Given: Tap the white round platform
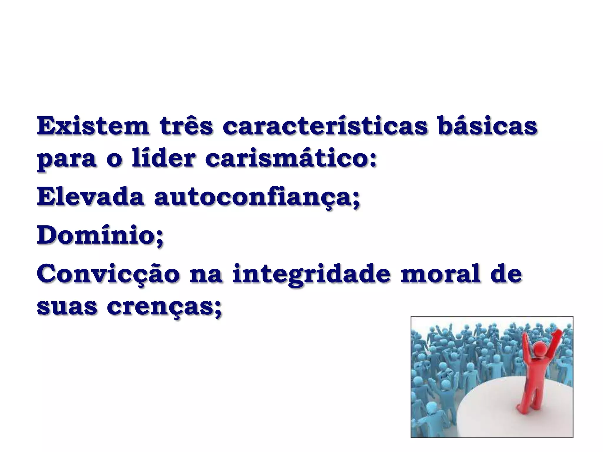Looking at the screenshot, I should point(501,412).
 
